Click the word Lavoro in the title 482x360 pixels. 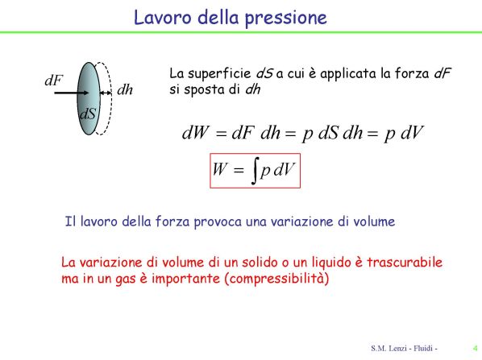[162, 18]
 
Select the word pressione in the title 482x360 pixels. [286, 19]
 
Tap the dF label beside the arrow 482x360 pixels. [53, 81]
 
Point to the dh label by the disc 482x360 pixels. [125, 89]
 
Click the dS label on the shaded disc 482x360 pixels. [88, 114]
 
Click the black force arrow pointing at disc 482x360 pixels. [72, 93]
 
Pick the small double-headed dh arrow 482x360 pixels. [106, 93]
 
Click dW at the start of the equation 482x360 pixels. [195, 132]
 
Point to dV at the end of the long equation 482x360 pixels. [412, 132]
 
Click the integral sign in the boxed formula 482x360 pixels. [255, 171]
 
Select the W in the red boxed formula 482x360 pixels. [220, 168]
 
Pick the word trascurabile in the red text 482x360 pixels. [405, 262]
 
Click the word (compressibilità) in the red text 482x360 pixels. [277, 279]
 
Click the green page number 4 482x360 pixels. [476, 349]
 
